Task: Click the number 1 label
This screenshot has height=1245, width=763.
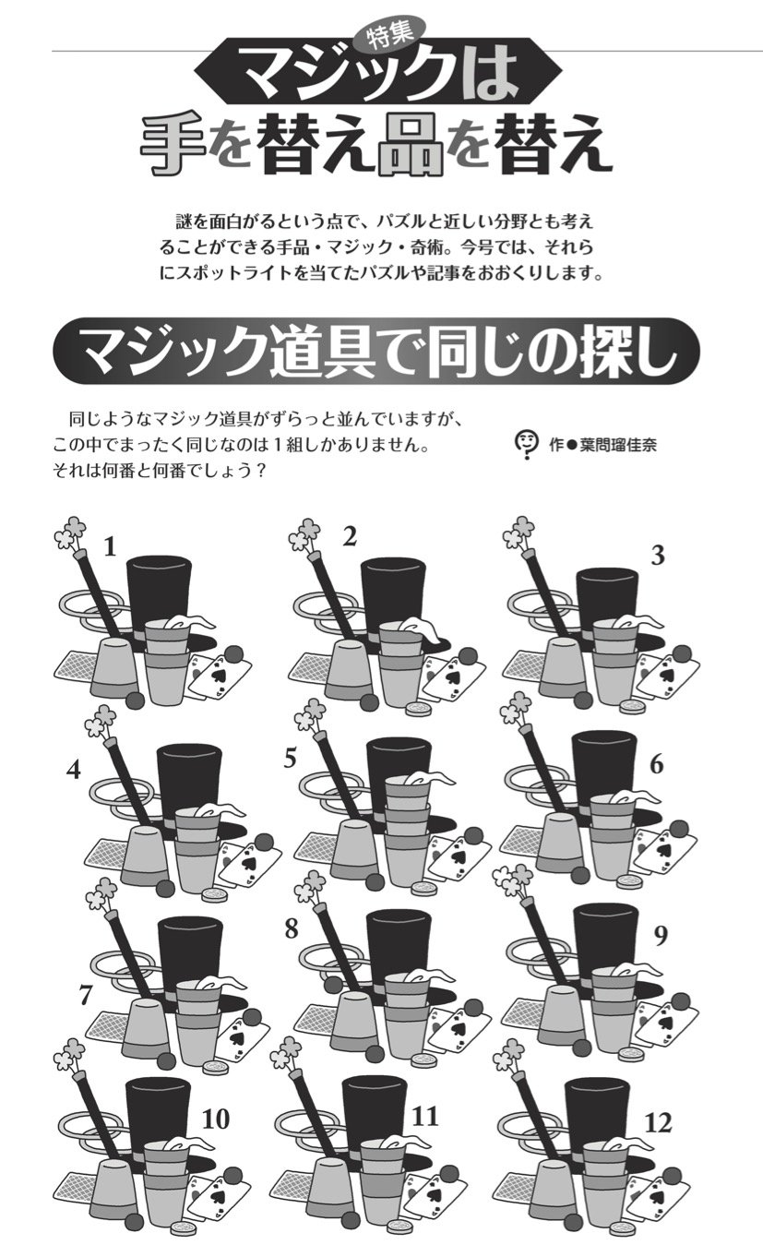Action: coord(110,547)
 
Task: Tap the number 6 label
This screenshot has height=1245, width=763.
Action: coord(657,764)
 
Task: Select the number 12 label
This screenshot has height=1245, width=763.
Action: coord(659,1123)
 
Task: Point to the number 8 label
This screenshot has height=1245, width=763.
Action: coord(292,929)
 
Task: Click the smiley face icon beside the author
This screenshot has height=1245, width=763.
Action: coord(525,443)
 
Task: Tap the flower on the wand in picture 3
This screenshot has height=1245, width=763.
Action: coord(520,533)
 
